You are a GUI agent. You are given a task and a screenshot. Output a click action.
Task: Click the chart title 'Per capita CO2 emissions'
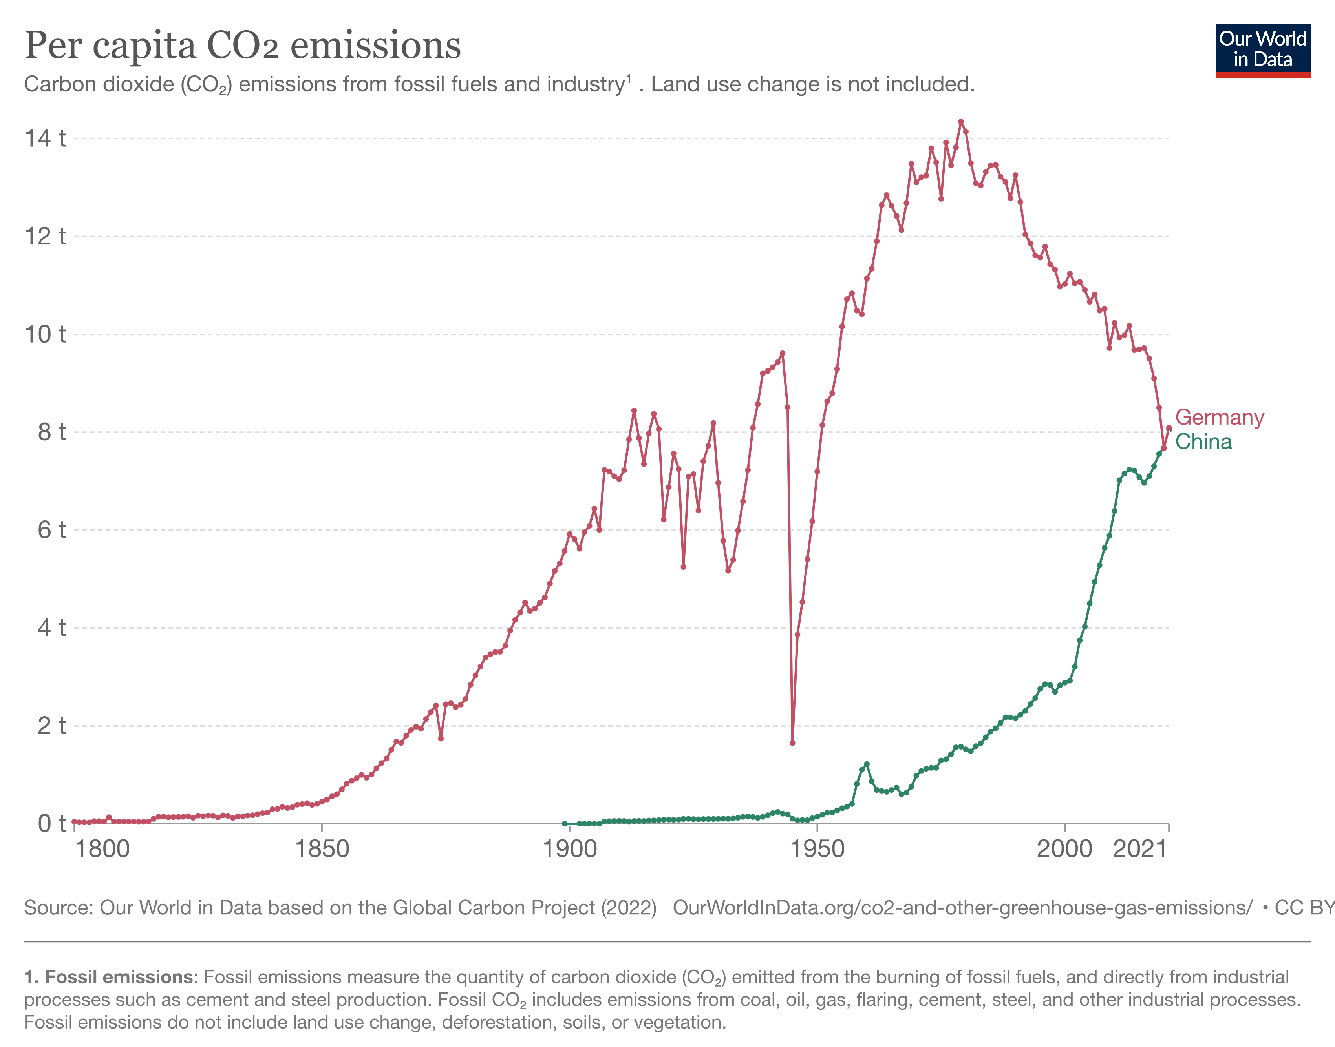(x=242, y=46)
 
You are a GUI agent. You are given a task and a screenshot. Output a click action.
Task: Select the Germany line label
(x=1219, y=418)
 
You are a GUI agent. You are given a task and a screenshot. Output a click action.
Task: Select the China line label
(x=1203, y=442)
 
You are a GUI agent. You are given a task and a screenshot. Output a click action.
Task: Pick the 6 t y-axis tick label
(x=51, y=530)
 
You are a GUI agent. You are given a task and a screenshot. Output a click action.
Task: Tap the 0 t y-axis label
(x=51, y=824)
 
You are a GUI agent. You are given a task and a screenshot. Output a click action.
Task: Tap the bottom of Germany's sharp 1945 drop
(x=792, y=743)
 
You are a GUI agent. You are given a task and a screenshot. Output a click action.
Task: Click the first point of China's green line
(x=564, y=823)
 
